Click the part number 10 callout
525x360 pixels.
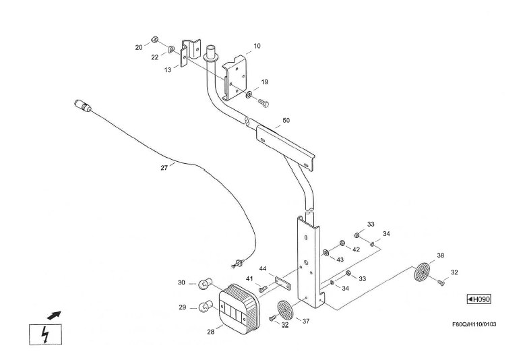point(257,46)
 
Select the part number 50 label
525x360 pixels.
point(286,120)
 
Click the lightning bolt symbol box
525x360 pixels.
point(45,335)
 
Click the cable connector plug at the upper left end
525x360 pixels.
point(83,107)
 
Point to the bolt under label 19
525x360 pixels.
point(264,103)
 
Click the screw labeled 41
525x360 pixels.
point(262,289)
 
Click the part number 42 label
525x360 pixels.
point(356,249)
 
